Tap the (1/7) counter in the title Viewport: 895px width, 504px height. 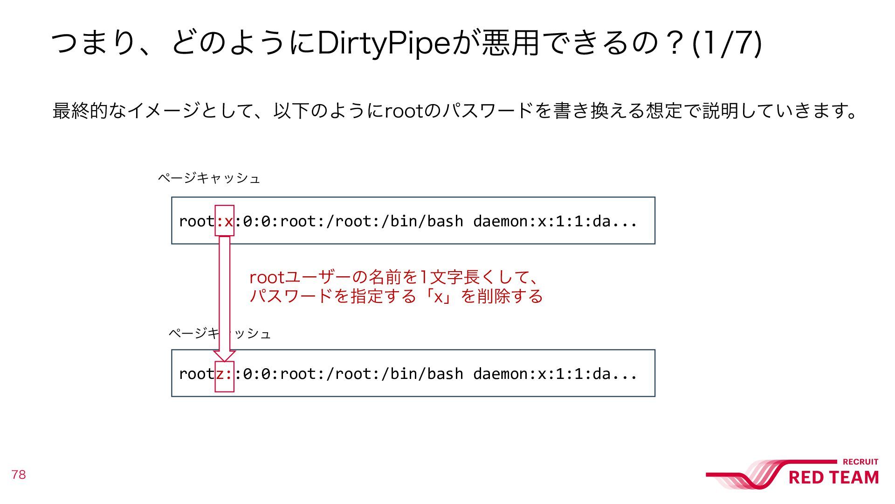(727, 43)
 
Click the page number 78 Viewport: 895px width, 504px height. (19, 475)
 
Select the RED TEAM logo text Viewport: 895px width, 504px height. (833, 477)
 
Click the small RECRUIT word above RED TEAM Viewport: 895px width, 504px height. (861, 462)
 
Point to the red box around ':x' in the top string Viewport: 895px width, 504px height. (224, 220)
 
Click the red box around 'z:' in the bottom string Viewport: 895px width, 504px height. (224, 376)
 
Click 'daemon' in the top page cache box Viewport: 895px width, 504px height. (500, 221)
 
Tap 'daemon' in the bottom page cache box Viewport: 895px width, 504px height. (500, 373)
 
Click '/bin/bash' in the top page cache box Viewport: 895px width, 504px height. (427, 221)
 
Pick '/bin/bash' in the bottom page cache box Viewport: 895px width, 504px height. (427, 373)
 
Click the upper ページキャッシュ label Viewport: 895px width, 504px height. (208, 178)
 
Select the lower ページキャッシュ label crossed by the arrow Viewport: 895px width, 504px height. (219, 333)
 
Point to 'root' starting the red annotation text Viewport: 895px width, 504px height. (267, 278)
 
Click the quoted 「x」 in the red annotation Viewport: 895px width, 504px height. (439, 296)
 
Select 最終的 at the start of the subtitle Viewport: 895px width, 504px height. (79, 111)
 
